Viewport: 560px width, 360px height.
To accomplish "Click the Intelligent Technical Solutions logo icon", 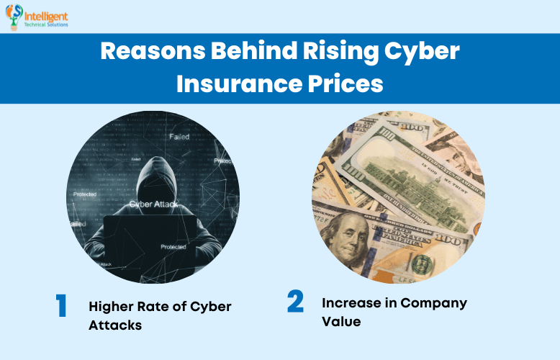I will (14, 16).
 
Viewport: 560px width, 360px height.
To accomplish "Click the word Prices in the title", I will (343, 84).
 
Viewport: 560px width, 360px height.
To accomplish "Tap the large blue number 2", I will (295, 302).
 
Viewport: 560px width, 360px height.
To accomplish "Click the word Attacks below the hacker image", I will (115, 325).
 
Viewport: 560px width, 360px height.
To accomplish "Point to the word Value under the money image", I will (341, 322).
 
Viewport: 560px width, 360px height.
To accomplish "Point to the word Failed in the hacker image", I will (179, 136).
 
